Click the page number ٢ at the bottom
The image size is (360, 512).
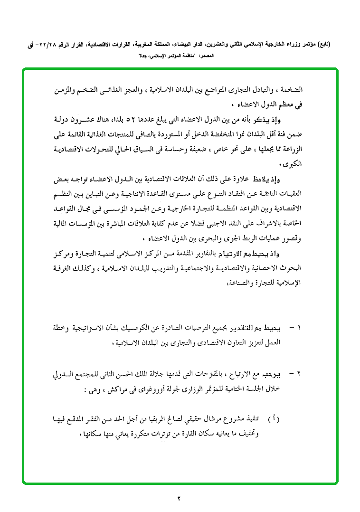[x=180, y=498]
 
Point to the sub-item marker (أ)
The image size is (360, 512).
[x=275, y=419]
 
